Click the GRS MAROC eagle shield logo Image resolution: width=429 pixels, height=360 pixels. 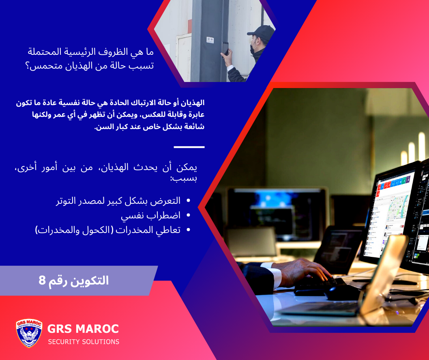click(x=29, y=333)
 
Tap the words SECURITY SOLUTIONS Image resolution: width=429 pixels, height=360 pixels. click(x=84, y=342)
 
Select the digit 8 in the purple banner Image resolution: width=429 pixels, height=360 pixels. click(x=42, y=280)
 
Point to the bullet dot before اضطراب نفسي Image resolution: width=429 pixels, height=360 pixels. click(x=188, y=216)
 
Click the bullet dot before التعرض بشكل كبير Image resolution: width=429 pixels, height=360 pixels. click(x=188, y=200)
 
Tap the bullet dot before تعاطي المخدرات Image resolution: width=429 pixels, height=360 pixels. click(x=188, y=230)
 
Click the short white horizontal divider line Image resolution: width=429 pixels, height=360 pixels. click(x=189, y=147)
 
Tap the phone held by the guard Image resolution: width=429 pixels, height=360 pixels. click(x=225, y=48)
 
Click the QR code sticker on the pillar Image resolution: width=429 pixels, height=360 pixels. click(x=210, y=40)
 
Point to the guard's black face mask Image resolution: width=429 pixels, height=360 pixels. click(x=252, y=50)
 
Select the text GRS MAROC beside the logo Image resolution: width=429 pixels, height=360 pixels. click(x=83, y=329)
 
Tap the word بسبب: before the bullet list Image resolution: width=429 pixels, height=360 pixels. click(x=184, y=179)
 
